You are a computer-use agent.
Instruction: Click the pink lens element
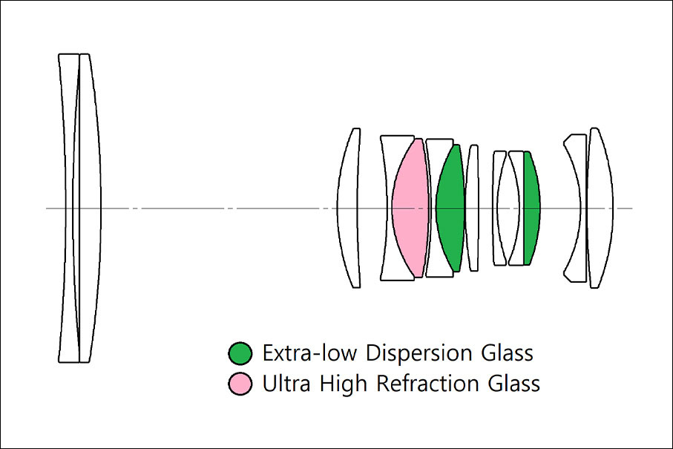[411, 209]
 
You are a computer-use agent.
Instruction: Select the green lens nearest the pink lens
[450, 209]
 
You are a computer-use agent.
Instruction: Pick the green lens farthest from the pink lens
[531, 209]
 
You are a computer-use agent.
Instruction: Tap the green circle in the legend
[240, 353]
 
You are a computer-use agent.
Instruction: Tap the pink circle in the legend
[240, 384]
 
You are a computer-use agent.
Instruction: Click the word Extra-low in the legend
[309, 353]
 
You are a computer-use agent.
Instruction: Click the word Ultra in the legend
[286, 384]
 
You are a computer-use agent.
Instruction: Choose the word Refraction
[427, 384]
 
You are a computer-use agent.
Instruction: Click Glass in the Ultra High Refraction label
[513, 384]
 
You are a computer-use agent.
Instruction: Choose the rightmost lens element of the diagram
[600, 209]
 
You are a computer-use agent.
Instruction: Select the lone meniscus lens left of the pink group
[348, 209]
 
